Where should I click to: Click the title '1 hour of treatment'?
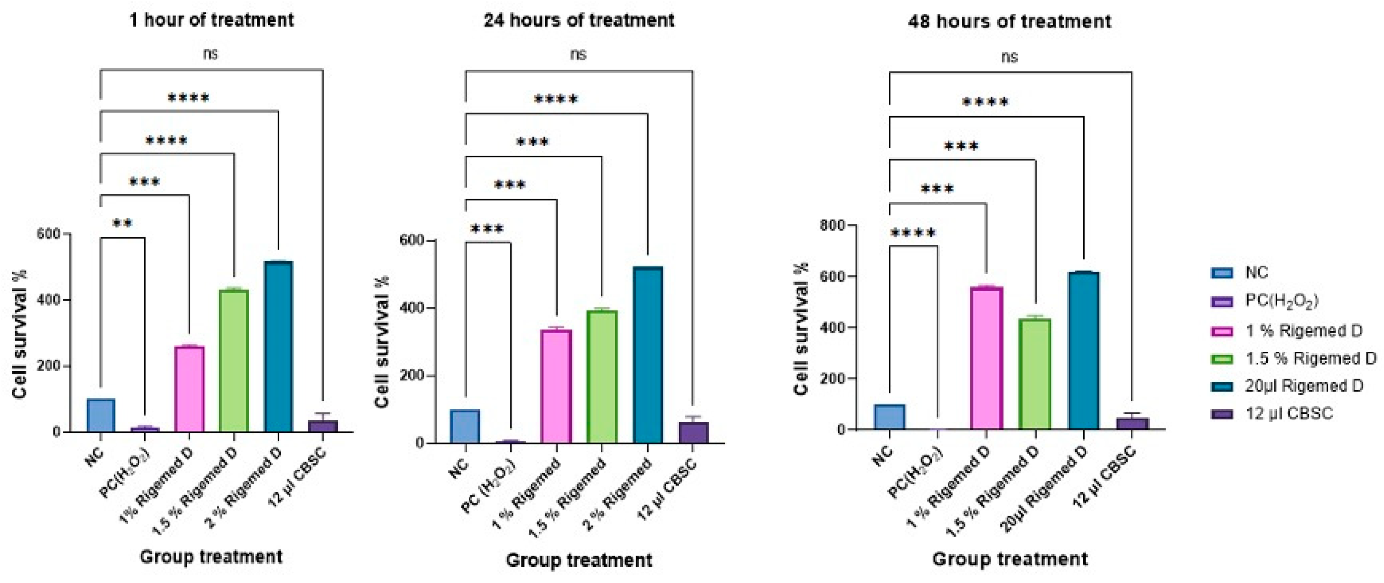click(212, 20)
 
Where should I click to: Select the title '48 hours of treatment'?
click(1009, 21)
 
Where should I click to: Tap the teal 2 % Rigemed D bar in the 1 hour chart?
click(278, 346)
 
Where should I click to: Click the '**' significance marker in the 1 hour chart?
click(122, 224)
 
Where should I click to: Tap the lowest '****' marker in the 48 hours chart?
click(913, 233)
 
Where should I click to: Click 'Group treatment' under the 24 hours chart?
click(579, 560)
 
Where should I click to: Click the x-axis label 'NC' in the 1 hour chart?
click(95, 456)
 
